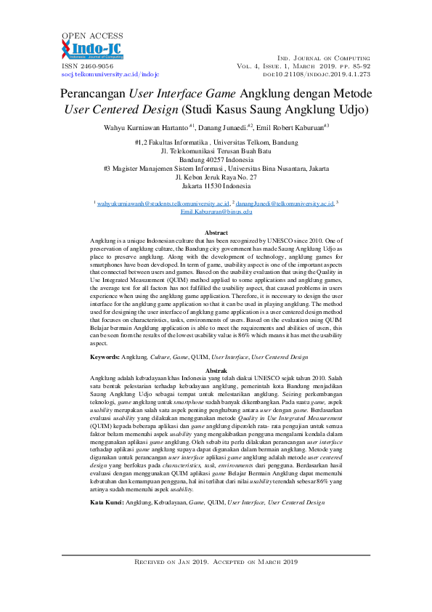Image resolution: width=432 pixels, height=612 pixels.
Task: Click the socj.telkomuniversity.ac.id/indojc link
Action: pos(110,74)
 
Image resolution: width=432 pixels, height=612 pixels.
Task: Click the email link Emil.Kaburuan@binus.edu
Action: pos(216,212)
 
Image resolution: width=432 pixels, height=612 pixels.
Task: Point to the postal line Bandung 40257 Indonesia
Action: pos(216,159)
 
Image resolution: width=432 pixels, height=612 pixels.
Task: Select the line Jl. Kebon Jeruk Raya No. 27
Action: pos(216,177)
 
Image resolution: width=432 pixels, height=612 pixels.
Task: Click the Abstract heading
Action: pos(216,233)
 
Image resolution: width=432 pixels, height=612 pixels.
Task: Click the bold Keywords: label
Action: pos(105,357)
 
